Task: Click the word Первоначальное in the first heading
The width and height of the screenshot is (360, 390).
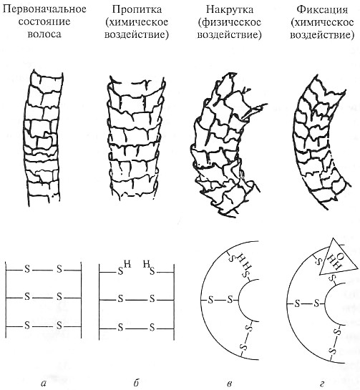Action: (44, 9)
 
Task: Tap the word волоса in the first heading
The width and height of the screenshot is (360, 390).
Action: (44, 34)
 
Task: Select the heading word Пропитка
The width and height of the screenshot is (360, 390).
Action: (137, 9)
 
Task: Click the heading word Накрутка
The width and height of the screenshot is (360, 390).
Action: (230, 9)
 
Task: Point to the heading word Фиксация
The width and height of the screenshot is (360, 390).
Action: (322, 9)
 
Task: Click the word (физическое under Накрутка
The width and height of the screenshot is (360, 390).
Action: (230, 22)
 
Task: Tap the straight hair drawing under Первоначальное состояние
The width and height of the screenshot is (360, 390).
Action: (43, 137)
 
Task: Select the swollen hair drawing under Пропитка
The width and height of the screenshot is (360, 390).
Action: (135, 140)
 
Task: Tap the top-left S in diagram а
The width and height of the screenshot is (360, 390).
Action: (27, 269)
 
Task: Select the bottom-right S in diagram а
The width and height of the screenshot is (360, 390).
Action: (59, 325)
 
